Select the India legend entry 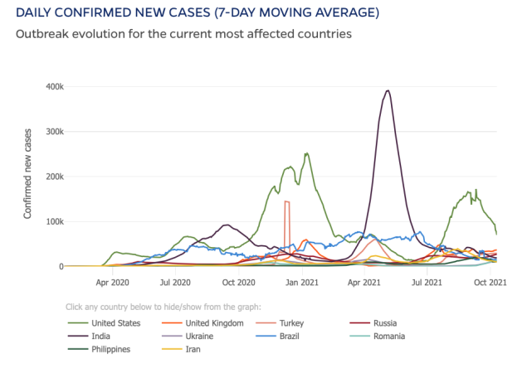[x=100, y=337]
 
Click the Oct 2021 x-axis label [x=491, y=283]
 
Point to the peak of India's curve [x=388, y=90]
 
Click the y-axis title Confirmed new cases [x=27, y=173]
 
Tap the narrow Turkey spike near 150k [x=286, y=201]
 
